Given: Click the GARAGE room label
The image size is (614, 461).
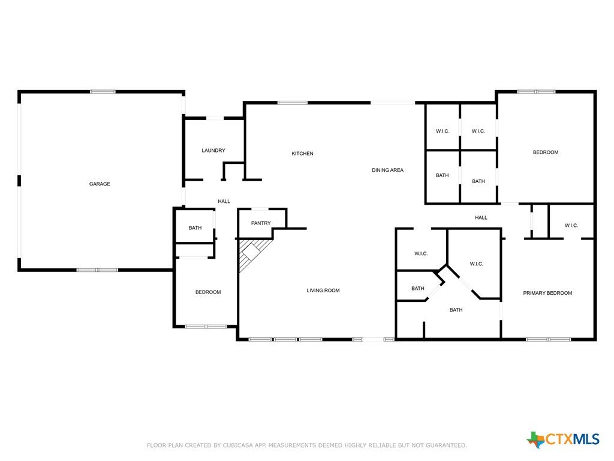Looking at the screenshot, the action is (100, 184).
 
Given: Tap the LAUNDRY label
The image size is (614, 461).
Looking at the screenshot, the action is (213, 151).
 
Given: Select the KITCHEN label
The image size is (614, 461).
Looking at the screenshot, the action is (302, 154).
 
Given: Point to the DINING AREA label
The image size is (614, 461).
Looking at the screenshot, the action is (387, 170).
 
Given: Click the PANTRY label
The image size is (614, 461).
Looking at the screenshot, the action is (261, 223).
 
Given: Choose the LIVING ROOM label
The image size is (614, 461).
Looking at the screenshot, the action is (323, 291).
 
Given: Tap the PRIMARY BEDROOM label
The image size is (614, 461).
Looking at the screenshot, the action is (547, 293).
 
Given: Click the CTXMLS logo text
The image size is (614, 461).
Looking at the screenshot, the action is (573, 439).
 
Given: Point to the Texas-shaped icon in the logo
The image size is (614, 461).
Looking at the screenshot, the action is (535, 440).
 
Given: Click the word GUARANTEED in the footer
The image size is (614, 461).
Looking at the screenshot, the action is (446, 445).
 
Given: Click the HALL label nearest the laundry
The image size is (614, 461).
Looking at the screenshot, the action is (224, 202).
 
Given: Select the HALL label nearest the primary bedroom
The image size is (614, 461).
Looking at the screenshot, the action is (481, 217).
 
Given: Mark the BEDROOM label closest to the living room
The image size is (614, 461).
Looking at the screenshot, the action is (208, 292).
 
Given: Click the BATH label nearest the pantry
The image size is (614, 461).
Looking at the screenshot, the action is (195, 227).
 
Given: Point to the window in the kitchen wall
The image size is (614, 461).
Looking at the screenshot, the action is (293, 103).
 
